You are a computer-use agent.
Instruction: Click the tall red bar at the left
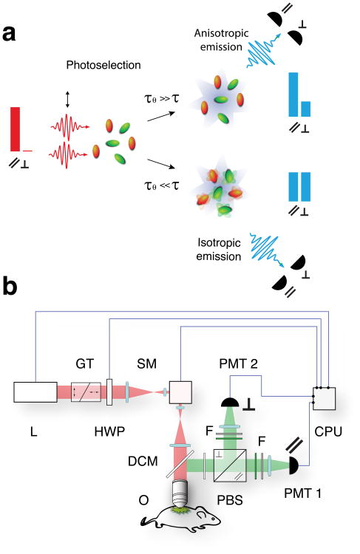16,129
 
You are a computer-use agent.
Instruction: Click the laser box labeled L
35,391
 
